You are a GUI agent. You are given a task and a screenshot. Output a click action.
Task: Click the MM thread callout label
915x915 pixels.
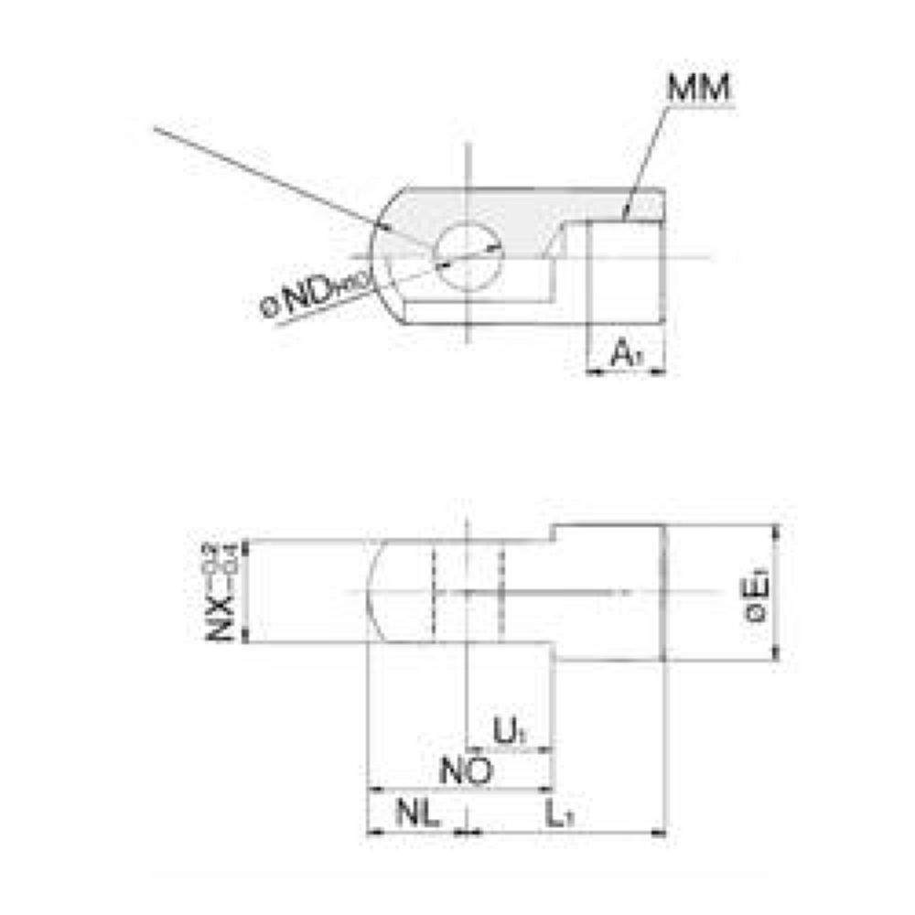(698, 90)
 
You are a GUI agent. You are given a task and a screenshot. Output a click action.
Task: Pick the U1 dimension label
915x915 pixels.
(508, 731)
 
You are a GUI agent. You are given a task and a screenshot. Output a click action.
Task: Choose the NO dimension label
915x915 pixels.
(467, 770)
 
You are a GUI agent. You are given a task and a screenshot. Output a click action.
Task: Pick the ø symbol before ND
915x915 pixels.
(271, 309)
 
